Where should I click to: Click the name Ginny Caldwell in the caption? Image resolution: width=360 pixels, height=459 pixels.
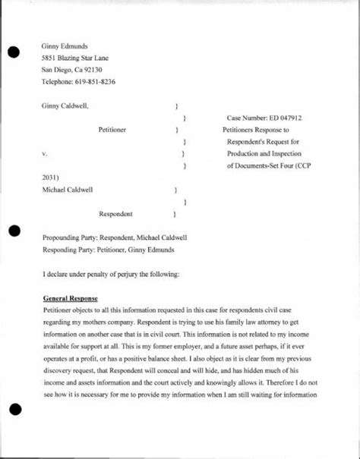tap(65, 107)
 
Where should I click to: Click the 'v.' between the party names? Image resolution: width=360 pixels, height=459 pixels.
tap(44, 153)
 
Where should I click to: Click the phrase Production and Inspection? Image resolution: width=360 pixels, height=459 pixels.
tap(267, 153)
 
